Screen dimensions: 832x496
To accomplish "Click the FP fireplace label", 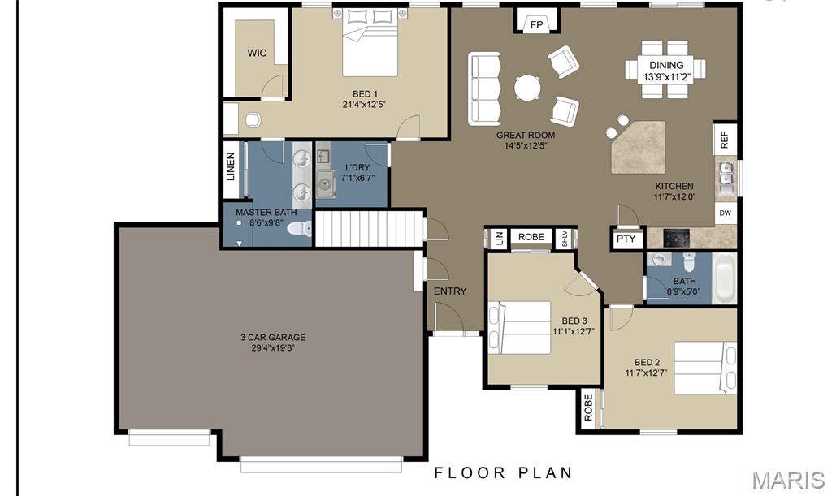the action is tap(536, 24).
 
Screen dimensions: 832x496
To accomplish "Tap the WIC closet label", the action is tap(257, 53).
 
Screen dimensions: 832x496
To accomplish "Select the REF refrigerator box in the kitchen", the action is tap(725, 140).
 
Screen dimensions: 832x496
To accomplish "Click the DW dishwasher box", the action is tap(726, 213).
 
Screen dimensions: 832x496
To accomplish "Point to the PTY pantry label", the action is tap(626, 239).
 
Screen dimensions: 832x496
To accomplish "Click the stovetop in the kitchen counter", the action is tap(677, 239).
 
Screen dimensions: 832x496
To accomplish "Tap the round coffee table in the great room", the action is tap(527, 88).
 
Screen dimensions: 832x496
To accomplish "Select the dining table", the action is tap(665, 69).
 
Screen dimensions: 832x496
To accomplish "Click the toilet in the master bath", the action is tap(300, 229).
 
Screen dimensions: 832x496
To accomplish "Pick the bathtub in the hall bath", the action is tap(724, 278).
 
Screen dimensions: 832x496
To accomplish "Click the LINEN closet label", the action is tap(231, 166).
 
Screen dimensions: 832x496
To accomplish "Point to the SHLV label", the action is tap(565, 239).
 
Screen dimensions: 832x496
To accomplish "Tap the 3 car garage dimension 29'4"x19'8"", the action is tap(273, 348).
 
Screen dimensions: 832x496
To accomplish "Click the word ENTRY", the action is tap(450, 291).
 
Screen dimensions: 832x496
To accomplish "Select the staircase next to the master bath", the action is tap(370, 228).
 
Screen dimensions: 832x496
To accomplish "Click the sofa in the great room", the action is tap(484, 88).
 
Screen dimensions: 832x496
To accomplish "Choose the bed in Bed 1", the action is tap(370, 42).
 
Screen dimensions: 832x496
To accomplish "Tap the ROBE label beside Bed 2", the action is tap(588, 408).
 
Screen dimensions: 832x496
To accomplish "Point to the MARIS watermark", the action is tap(788, 480).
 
